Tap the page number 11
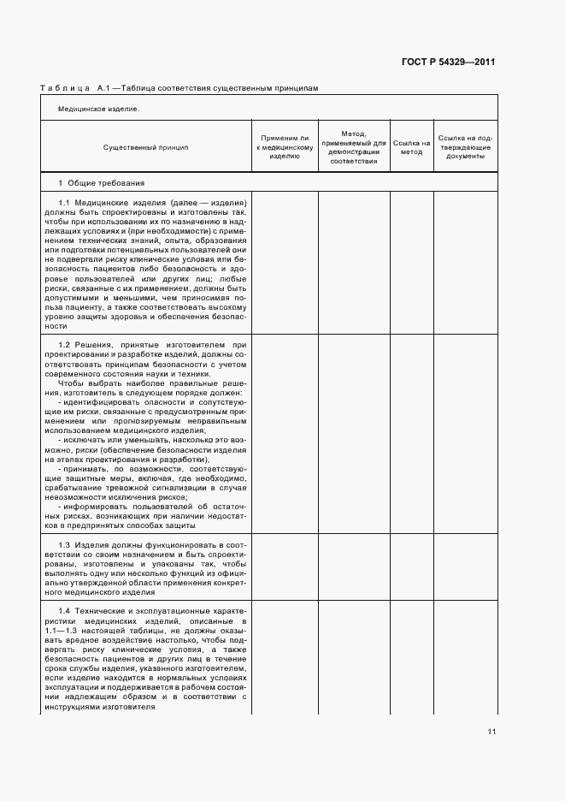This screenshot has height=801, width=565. click(x=491, y=732)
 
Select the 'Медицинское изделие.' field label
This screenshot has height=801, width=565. click(x=98, y=109)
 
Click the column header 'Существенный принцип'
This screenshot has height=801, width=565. click(x=145, y=147)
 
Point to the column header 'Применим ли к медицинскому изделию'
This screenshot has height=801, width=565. click(x=284, y=147)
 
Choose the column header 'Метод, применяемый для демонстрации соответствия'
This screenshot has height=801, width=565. click(x=354, y=147)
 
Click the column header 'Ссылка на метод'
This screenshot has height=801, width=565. click(x=412, y=147)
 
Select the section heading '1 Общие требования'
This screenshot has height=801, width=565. click(x=101, y=183)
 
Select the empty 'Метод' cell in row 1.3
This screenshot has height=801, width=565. click(x=354, y=567)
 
